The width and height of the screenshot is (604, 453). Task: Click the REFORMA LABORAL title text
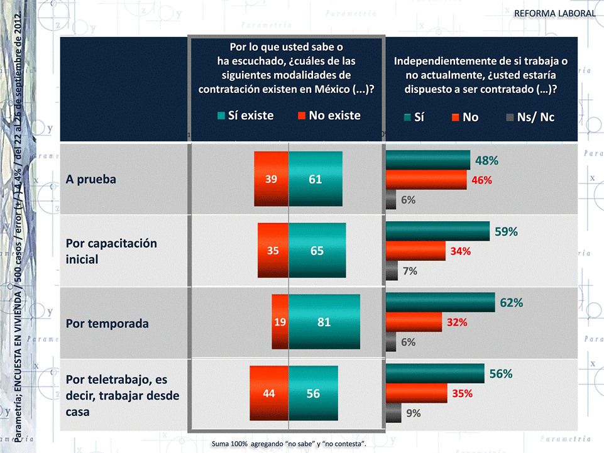[x=554, y=13]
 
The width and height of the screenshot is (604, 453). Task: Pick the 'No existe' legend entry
[x=328, y=116]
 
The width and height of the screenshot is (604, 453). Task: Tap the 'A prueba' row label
[x=91, y=179]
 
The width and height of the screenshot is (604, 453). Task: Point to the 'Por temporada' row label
[x=107, y=324]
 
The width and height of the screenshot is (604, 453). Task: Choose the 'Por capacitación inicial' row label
[x=111, y=251]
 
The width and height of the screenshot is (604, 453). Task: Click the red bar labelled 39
[x=271, y=179]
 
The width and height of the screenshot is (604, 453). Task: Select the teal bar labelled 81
[x=324, y=322]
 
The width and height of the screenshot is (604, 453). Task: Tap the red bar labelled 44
[x=268, y=393]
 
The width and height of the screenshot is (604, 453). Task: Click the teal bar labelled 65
[x=317, y=250]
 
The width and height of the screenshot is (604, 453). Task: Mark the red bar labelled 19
[x=280, y=322]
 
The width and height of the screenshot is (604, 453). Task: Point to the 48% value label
[x=486, y=160]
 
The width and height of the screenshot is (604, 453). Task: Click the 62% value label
[x=512, y=303]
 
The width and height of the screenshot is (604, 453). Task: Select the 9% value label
[x=414, y=413]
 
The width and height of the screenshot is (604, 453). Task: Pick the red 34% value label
[x=461, y=251]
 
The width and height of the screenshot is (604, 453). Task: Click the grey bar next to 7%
[x=392, y=271]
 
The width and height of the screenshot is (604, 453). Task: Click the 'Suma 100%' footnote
[x=289, y=444]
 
